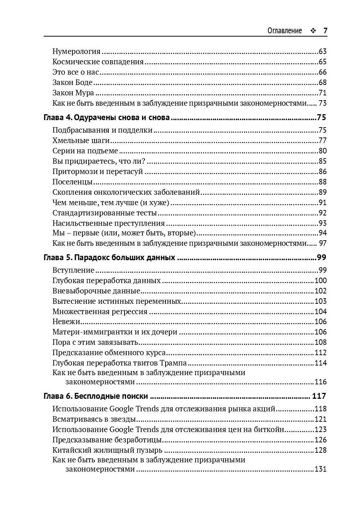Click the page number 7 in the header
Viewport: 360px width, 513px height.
[x=325, y=31]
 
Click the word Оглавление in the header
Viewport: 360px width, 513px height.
[x=285, y=31]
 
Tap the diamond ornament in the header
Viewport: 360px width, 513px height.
[x=313, y=31]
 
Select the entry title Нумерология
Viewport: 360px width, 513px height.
[x=77, y=51]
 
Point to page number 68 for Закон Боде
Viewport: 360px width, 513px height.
[x=323, y=82]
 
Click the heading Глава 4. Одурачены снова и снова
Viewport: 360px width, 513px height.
[x=106, y=118]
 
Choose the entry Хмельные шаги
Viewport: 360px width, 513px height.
[x=81, y=140]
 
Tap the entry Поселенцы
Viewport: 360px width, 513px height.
[x=72, y=182]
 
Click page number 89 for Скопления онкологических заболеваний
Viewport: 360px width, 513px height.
[x=323, y=192]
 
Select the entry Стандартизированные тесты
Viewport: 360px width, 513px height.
[x=105, y=213]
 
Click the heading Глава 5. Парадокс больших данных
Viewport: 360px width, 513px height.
[x=109, y=258]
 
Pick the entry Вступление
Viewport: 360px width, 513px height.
[x=73, y=270]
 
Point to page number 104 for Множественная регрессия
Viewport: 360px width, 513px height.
[x=321, y=312]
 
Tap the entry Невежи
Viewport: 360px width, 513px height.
[x=67, y=322]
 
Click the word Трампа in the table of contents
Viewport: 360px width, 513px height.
[x=174, y=363]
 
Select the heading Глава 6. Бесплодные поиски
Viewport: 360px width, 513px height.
[x=96, y=396]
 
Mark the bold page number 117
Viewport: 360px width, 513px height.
[x=319, y=396]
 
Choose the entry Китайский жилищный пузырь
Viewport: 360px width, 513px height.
[x=107, y=450]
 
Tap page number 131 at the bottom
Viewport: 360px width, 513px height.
[x=321, y=469]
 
